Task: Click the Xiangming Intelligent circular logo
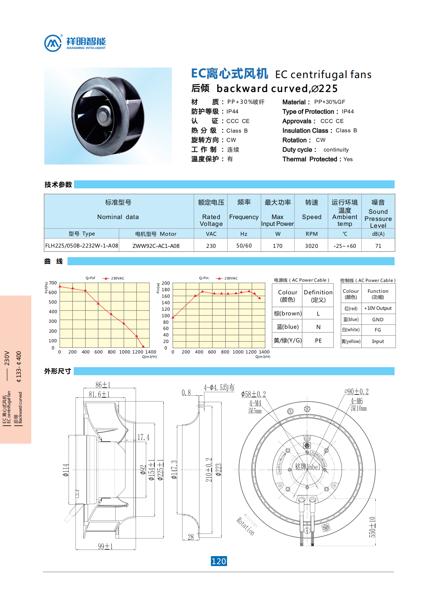coord(53,43)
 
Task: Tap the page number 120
coord(219,561)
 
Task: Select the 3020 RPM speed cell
coord(311,246)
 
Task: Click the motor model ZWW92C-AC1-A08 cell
coord(156,246)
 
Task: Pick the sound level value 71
coord(378,246)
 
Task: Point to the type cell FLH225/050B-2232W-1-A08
coord(82,246)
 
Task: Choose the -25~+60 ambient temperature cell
coord(345,246)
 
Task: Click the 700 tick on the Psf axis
coord(53,283)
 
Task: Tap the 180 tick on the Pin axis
coord(166,290)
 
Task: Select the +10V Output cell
coord(378,308)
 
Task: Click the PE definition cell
coord(318,340)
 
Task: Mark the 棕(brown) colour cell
coord(288,314)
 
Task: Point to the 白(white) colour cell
coord(351,330)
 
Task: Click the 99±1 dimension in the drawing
coord(105,546)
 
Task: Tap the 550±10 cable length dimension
coord(372,527)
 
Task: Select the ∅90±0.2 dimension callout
coord(356,392)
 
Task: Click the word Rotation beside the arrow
coord(246,526)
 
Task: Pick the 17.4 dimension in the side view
coord(143,437)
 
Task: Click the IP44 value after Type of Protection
coord(348,112)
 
